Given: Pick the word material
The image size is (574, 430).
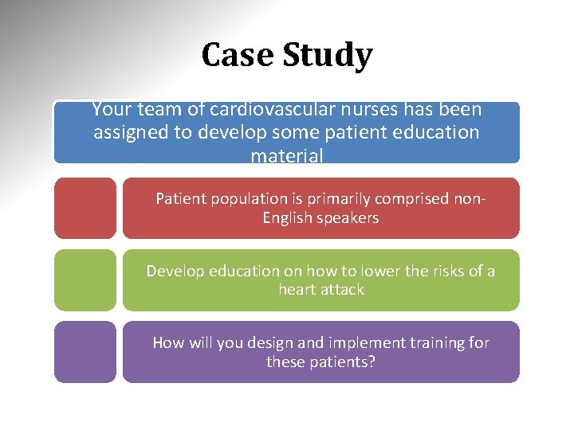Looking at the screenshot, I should pos(287,156).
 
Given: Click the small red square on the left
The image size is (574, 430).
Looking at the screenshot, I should pos(85,208).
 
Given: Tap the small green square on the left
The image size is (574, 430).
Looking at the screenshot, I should pos(85,279).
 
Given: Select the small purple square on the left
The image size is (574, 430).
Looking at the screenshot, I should pos(85,351).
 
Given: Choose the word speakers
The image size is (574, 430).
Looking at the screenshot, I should pos(349,218).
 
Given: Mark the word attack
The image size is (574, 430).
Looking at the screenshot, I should pos(343,290).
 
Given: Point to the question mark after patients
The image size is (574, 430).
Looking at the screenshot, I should pos(372,362).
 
